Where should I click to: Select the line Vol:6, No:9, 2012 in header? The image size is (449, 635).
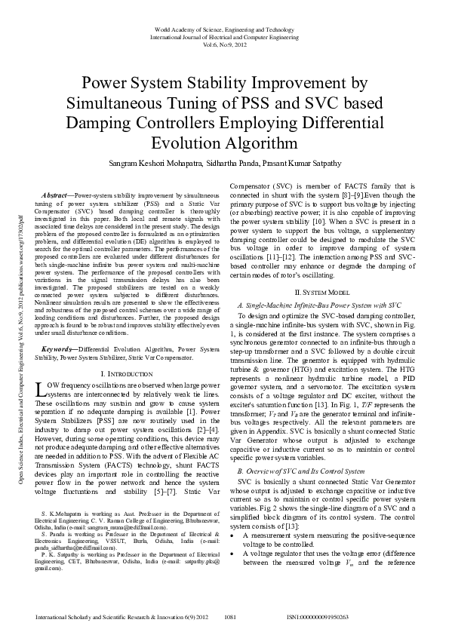(x=224, y=44)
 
